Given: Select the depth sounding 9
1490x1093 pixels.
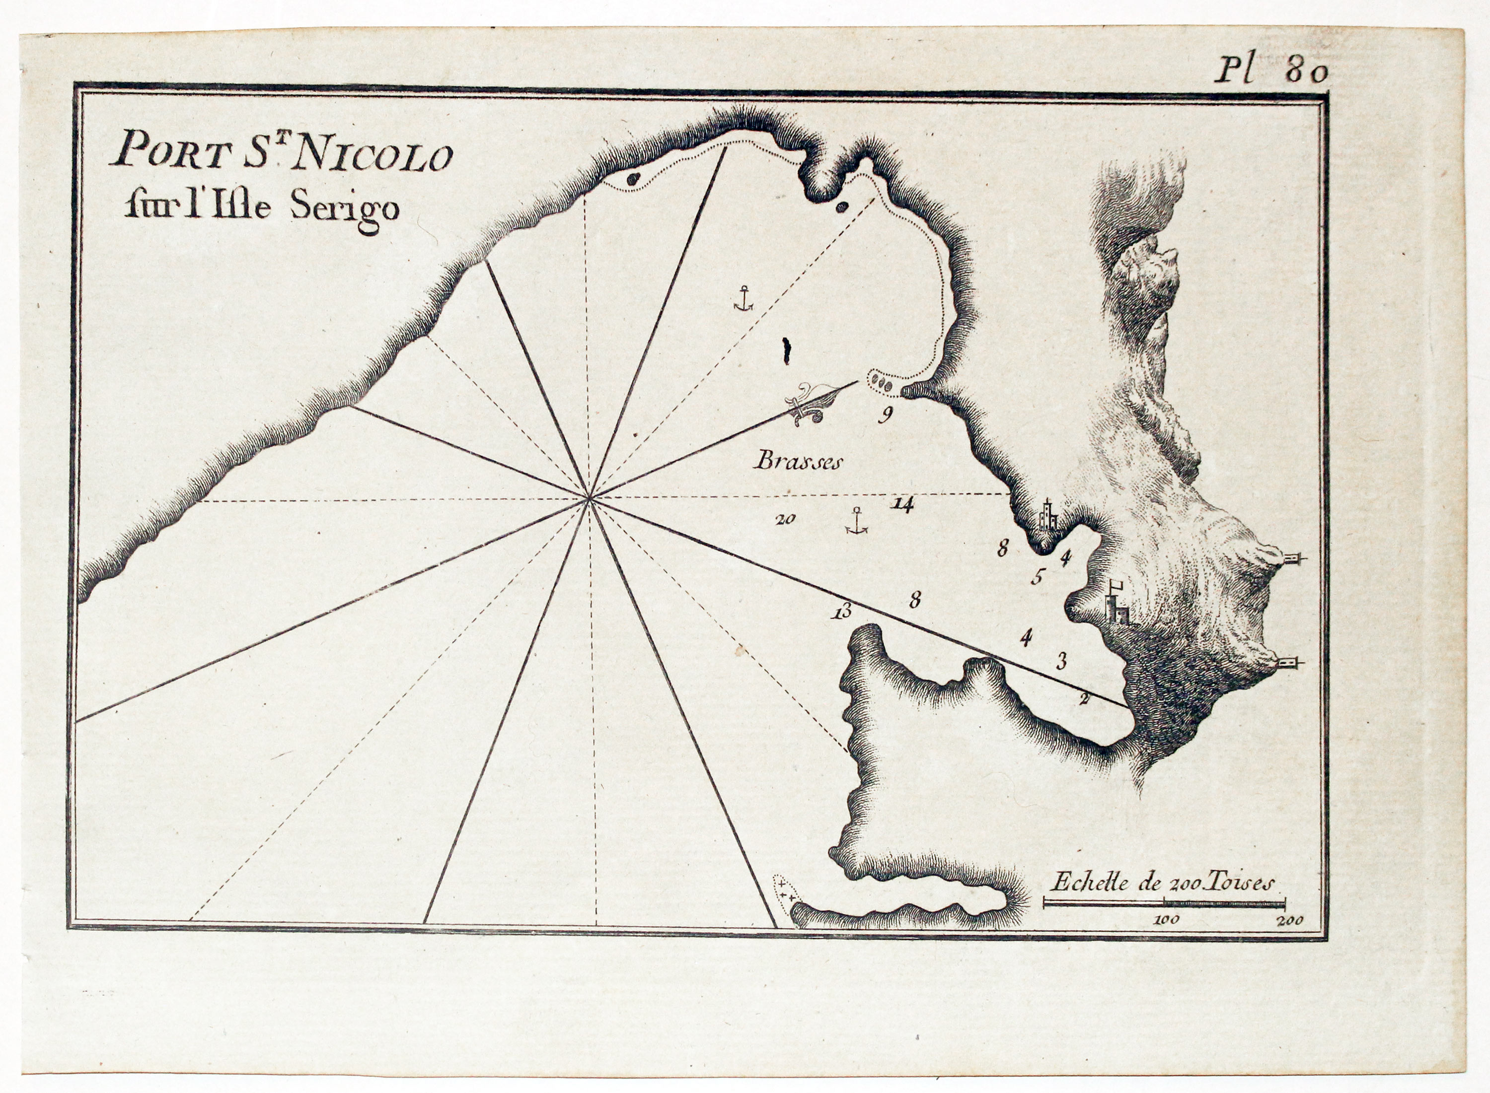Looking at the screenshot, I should pos(885,415).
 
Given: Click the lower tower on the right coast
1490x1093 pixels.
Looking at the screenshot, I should pos(1289,662).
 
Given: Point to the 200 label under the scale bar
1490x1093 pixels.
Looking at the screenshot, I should pos(1290,919).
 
